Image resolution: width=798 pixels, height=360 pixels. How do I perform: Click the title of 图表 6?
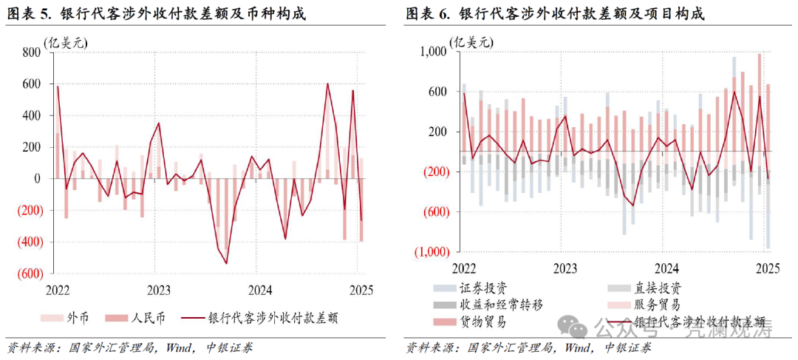coord(554,13)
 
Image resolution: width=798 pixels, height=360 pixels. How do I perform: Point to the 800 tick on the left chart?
coord(31,52)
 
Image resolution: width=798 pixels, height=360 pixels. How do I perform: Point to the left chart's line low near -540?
coord(226,263)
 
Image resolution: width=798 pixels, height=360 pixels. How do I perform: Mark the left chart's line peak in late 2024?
coord(328,84)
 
